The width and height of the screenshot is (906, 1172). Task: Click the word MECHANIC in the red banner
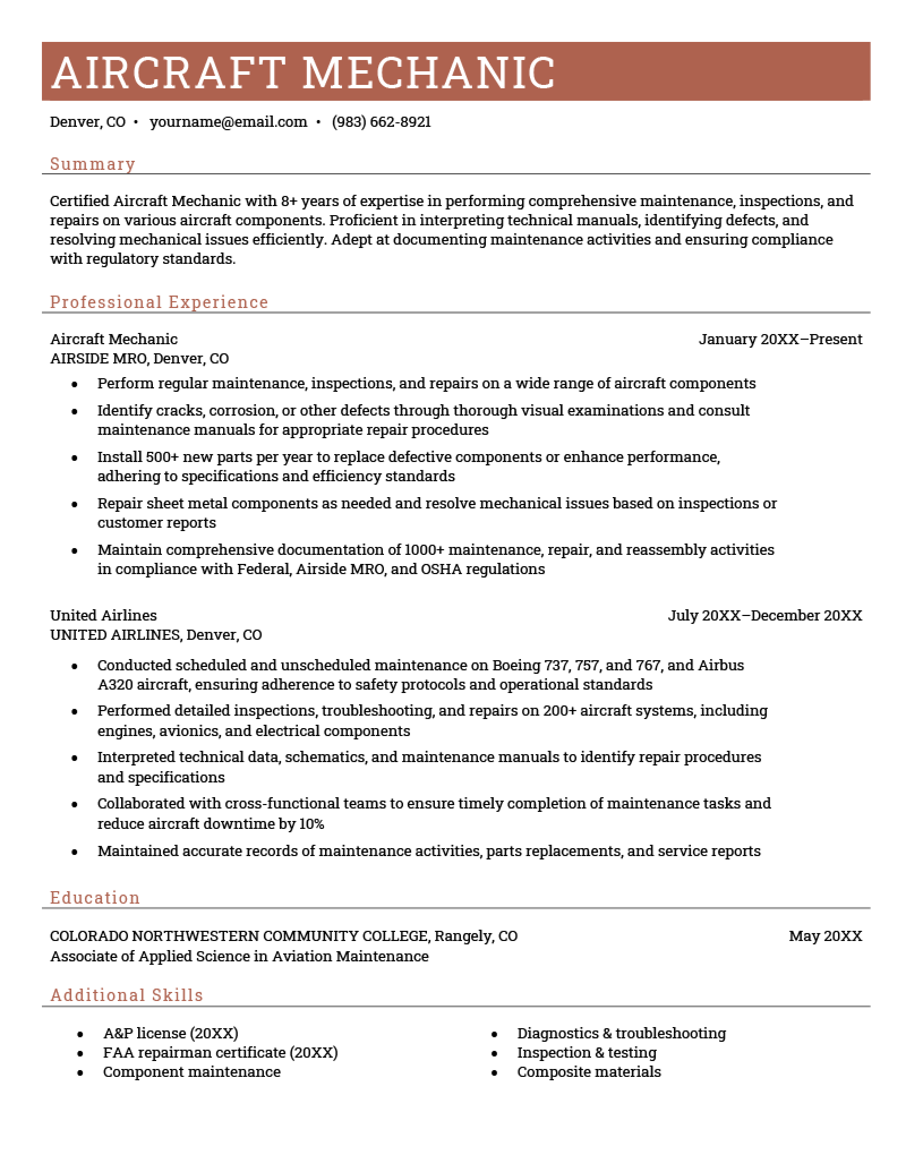pyautogui.click(x=429, y=72)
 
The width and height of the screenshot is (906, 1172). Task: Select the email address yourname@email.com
pyautogui.click(x=228, y=122)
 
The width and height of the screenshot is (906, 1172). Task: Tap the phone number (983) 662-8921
pyautogui.click(x=382, y=122)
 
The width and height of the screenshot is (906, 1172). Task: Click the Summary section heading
pyautogui.click(x=93, y=164)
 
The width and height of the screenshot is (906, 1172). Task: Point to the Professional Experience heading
pyautogui.click(x=159, y=302)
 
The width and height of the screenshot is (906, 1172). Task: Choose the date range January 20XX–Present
pyautogui.click(x=780, y=339)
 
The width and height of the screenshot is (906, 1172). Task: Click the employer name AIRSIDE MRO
pyautogui.click(x=99, y=358)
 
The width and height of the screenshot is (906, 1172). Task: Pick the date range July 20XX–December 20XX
pyautogui.click(x=765, y=615)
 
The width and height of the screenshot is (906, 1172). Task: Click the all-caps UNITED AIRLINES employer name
pyautogui.click(x=115, y=635)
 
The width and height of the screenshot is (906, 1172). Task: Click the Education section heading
pyautogui.click(x=95, y=897)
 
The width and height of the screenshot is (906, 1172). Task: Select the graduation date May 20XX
pyautogui.click(x=826, y=936)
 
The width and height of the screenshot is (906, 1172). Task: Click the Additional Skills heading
pyautogui.click(x=127, y=995)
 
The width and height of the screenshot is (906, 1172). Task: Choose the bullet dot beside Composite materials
pyautogui.click(x=494, y=1073)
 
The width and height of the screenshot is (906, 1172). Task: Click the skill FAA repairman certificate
pyautogui.click(x=194, y=1053)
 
